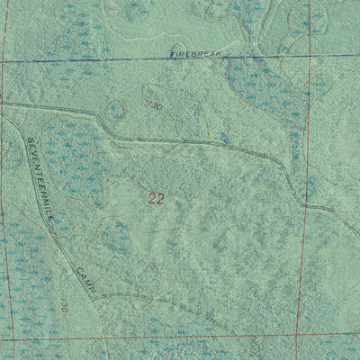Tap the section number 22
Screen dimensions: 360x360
(157, 199)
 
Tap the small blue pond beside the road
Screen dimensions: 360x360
(223, 139)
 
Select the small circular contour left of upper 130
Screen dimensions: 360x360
(115, 111)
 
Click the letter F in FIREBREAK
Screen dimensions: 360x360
(172, 56)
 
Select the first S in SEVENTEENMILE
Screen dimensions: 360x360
(28, 141)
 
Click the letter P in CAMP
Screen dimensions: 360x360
(94, 289)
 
